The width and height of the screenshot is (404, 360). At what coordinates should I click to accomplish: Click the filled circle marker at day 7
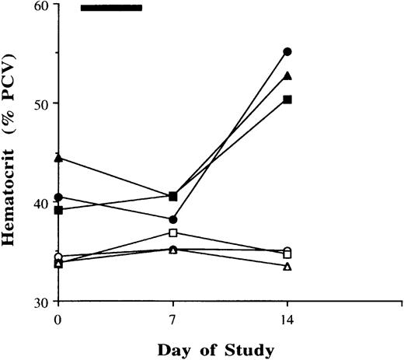tap(172, 219)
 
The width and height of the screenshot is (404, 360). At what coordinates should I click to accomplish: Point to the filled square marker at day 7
tap(172, 196)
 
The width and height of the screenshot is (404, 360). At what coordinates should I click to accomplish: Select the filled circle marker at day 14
tap(287, 51)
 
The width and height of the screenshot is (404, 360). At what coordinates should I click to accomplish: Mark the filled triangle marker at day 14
tap(287, 75)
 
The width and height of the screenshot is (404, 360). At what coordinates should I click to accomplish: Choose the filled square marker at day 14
tap(287, 100)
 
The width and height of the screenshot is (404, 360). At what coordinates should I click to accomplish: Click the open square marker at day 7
tap(172, 232)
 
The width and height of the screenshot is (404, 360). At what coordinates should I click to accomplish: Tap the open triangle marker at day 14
tap(287, 266)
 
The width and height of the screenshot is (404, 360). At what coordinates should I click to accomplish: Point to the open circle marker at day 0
tap(58, 257)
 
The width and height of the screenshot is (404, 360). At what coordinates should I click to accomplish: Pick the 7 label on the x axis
tap(172, 320)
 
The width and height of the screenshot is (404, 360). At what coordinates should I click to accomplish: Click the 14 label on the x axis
tap(287, 320)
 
